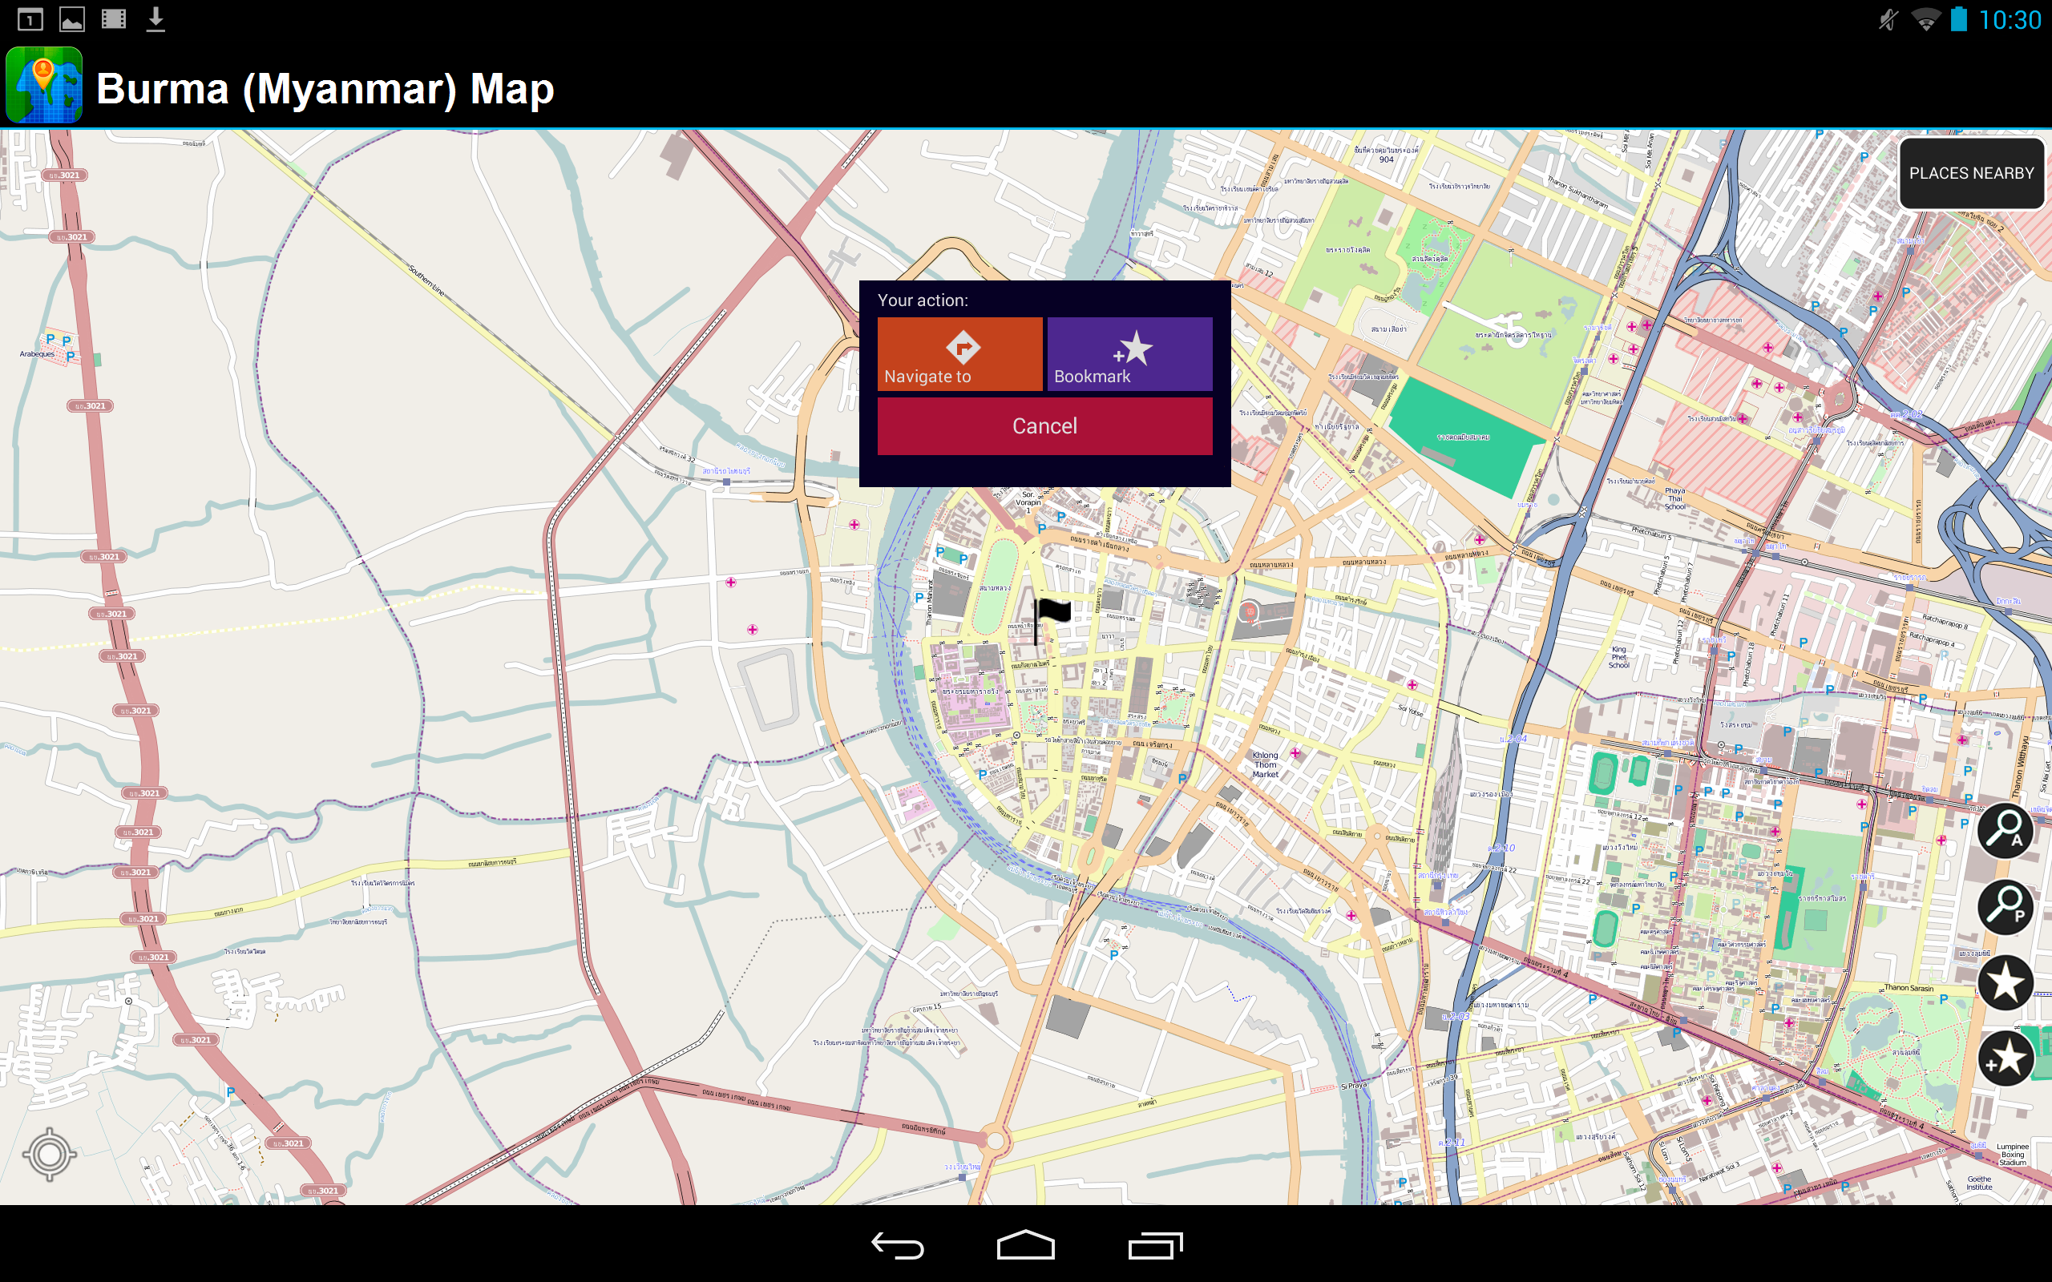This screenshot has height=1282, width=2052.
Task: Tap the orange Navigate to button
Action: click(x=959, y=353)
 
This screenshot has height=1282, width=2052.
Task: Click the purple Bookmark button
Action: click(x=1129, y=353)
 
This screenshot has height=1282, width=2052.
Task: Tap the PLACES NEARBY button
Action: click(x=1970, y=173)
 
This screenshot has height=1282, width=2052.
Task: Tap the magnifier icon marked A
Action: click(x=2005, y=830)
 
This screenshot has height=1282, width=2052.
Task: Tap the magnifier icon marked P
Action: click(x=2005, y=906)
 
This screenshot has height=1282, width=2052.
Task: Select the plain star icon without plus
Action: click(x=2005, y=982)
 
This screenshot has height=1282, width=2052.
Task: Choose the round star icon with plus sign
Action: click(x=2005, y=1058)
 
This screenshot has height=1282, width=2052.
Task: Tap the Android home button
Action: click(x=1025, y=1244)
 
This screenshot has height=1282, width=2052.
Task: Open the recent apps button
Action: click(x=1155, y=1244)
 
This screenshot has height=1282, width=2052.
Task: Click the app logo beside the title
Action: click(x=44, y=86)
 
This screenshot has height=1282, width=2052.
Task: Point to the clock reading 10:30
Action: click(x=2009, y=19)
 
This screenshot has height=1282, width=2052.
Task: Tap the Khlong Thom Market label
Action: click(x=1265, y=764)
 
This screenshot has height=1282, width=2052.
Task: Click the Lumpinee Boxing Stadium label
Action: click(x=2012, y=1154)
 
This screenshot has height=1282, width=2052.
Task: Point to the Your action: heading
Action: click(x=923, y=300)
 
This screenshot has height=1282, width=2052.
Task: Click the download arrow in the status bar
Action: click(x=156, y=18)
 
